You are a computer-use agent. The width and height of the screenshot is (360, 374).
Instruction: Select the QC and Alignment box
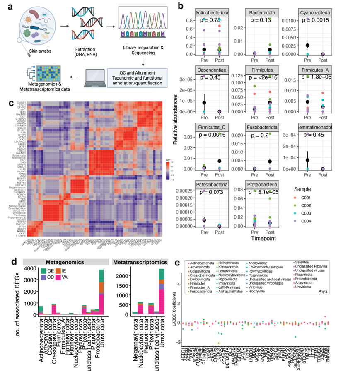tap(142, 75)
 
